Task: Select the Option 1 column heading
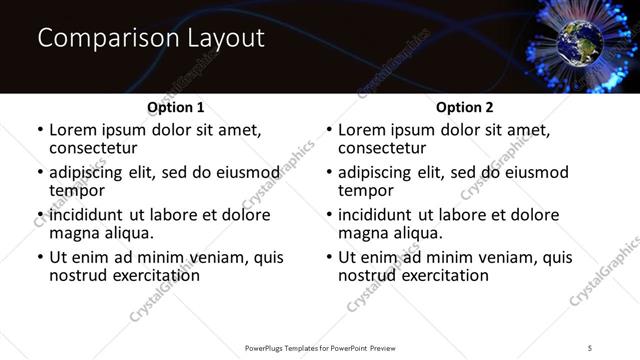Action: point(176,107)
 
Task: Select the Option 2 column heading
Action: point(465,107)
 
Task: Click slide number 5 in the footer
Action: point(591,347)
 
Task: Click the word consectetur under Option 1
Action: point(96,148)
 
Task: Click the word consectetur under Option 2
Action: point(385,148)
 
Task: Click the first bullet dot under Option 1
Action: point(40,131)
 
